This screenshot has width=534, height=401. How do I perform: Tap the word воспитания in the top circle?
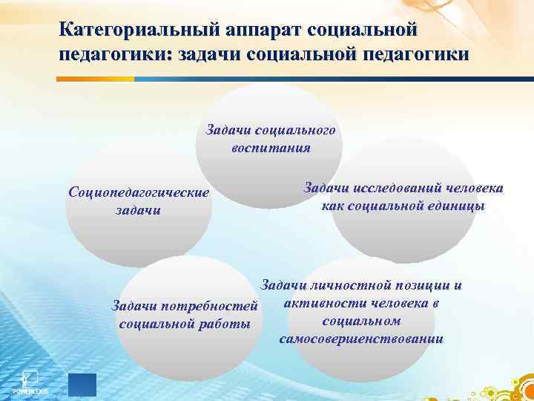click(270, 147)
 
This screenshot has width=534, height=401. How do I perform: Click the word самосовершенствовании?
click(362, 339)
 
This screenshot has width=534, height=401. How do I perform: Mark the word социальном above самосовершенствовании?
click(362, 322)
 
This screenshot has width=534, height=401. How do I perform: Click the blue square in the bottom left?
click(82, 384)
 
